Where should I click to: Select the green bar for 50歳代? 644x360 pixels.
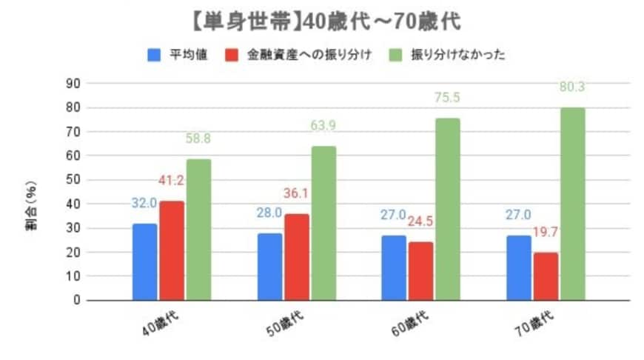pos(323,222)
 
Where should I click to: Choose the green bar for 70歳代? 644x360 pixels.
pos(572,204)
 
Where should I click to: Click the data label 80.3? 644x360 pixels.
pos(572,87)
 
